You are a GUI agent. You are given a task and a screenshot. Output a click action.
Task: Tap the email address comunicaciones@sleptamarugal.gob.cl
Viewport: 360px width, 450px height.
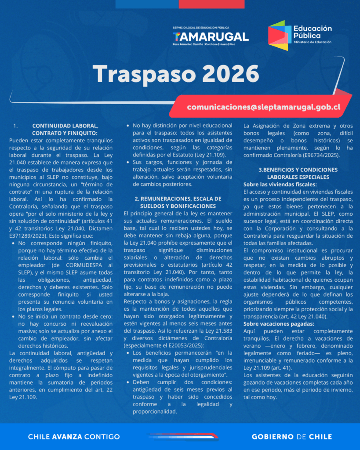coord(263,107)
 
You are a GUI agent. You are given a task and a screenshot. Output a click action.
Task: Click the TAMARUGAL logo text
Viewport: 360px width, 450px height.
coord(211,37)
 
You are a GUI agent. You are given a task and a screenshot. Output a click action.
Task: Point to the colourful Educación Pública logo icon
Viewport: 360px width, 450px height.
coord(280,35)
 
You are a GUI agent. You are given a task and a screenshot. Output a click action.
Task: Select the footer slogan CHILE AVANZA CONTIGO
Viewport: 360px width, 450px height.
coord(74,437)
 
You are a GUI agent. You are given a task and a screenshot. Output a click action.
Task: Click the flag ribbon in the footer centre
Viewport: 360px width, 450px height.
coord(183,436)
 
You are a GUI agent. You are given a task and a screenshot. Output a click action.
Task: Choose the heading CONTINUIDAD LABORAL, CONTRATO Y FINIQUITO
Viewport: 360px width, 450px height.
coord(65,129)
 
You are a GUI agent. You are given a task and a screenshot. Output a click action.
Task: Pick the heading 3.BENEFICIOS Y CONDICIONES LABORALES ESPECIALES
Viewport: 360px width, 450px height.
coord(298,173)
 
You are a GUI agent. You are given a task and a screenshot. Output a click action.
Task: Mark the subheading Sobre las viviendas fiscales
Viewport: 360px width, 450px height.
coord(280,185)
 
